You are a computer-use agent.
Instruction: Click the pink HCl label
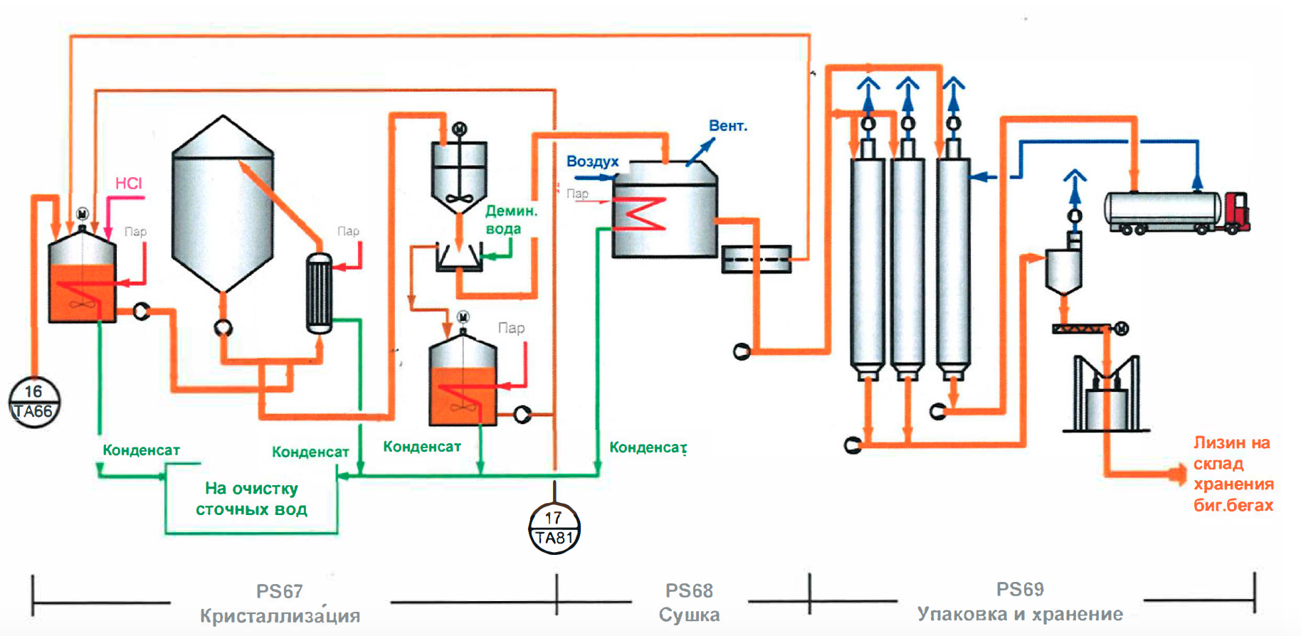(129, 184)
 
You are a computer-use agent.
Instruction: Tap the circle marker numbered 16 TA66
(34, 402)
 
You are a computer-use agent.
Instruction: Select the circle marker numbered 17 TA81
(554, 528)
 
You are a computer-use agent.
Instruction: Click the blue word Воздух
(592, 161)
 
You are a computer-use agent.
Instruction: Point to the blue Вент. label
(728, 126)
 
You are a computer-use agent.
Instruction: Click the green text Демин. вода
(511, 219)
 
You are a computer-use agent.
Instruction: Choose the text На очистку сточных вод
(251, 499)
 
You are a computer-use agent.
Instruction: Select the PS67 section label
(280, 591)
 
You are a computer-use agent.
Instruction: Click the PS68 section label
(689, 590)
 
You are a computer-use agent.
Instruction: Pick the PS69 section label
(1020, 589)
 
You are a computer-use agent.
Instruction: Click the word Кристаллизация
(280, 615)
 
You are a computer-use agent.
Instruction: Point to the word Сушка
(689, 615)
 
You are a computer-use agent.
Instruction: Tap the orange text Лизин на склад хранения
(1233, 474)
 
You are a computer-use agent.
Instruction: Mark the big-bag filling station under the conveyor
(1105, 395)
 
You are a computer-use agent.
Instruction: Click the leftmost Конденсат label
(141, 450)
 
